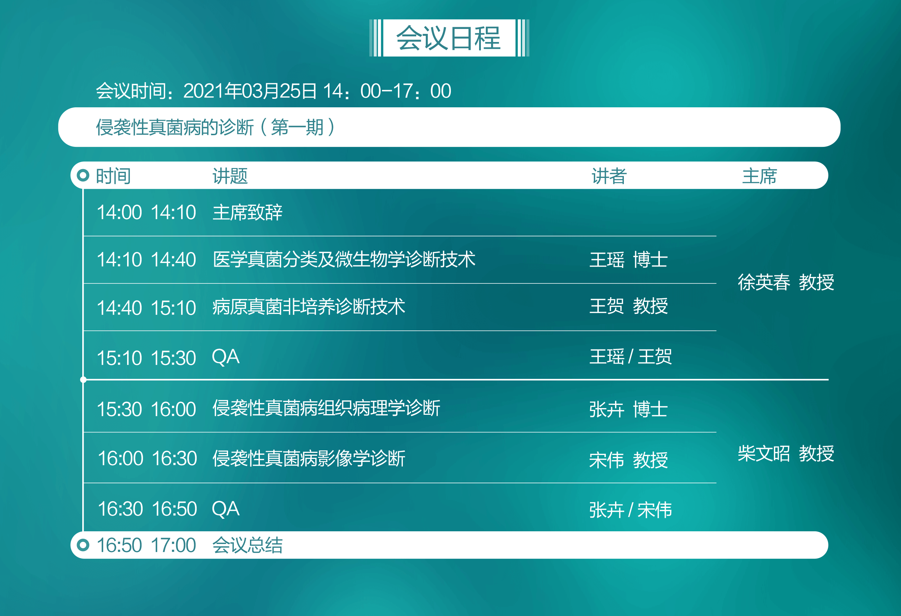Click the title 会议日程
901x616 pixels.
[x=449, y=38]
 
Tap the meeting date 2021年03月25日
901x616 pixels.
[x=250, y=91]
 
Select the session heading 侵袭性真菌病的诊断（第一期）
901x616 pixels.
[x=216, y=127]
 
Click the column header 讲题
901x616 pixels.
[x=230, y=176]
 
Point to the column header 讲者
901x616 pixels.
[x=609, y=176]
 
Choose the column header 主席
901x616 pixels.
[x=759, y=176]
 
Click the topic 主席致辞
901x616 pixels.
[x=247, y=213]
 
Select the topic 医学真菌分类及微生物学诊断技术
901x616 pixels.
[x=344, y=259]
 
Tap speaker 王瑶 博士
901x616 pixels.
[x=628, y=259]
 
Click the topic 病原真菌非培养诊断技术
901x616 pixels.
[x=309, y=307]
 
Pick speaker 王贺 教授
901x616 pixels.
[x=628, y=306]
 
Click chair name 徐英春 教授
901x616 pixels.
[x=786, y=282]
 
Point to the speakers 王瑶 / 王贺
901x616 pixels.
[x=631, y=357]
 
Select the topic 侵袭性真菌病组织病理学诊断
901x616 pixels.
[x=326, y=408]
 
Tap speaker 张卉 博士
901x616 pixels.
[x=628, y=409]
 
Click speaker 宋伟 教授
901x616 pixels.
[x=628, y=460]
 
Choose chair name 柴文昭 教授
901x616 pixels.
[x=786, y=454]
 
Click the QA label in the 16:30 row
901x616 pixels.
[x=226, y=509]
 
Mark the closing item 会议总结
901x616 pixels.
[x=247, y=545]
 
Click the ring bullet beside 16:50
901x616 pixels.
[x=83, y=545]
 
